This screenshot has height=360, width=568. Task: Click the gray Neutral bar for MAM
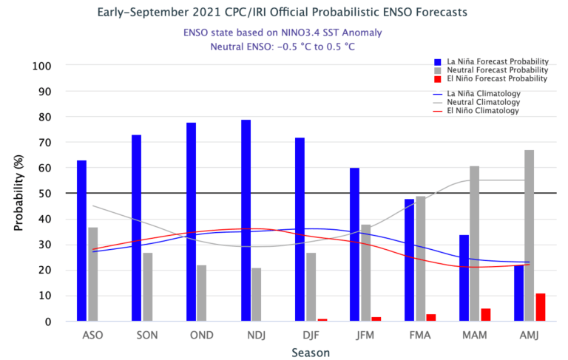[x=474, y=243]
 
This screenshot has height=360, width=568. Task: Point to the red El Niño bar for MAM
[x=485, y=314]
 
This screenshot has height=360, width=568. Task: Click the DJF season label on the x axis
[x=311, y=335]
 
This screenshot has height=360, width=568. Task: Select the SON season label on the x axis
[x=147, y=335]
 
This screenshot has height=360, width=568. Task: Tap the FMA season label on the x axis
[x=420, y=335]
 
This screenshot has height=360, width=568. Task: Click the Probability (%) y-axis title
[x=18, y=194]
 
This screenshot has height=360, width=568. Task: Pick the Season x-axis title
[x=311, y=353]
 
